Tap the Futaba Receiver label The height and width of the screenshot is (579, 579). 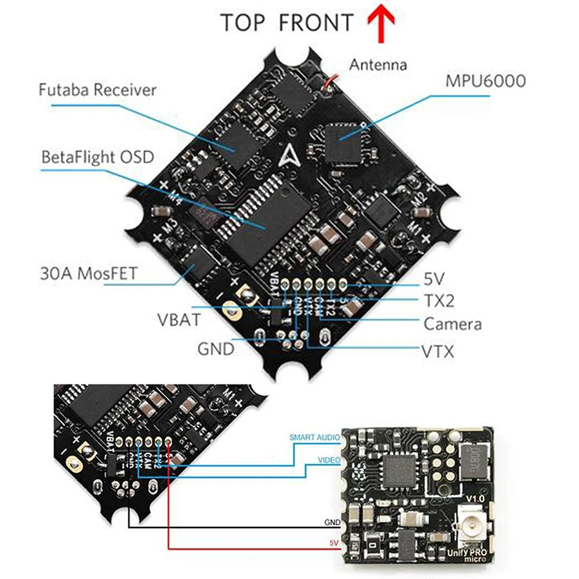98,90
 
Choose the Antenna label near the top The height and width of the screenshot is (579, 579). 378,65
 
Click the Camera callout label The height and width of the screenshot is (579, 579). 452,324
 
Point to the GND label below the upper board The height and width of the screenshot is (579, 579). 216,349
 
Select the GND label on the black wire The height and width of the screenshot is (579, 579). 332,522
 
